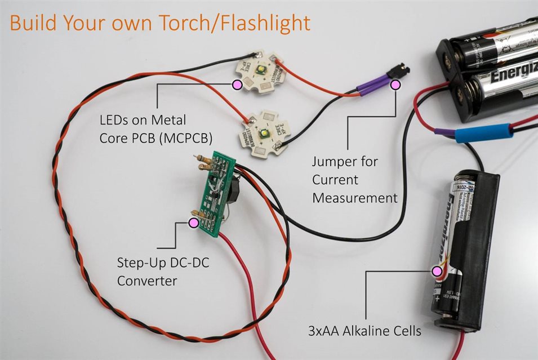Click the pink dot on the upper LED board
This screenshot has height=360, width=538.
pyautogui.click(x=237, y=85)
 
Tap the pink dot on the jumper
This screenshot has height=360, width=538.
pyautogui.click(x=395, y=85)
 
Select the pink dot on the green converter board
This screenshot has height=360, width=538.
pyautogui.click(x=194, y=224)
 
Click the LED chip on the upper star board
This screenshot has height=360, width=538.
pyautogui.click(x=263, y=70)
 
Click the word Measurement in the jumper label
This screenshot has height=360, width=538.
pyautogui.click(x=355, y=198)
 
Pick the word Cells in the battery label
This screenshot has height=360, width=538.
pyautogui.click(x=407, y=331)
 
